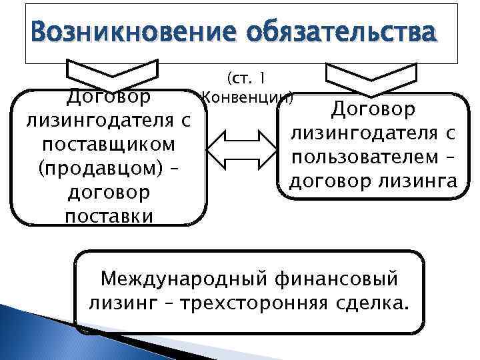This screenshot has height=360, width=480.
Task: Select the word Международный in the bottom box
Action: (x=175, y=277)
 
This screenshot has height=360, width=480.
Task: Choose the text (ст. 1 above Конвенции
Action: (x=247, y=79)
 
